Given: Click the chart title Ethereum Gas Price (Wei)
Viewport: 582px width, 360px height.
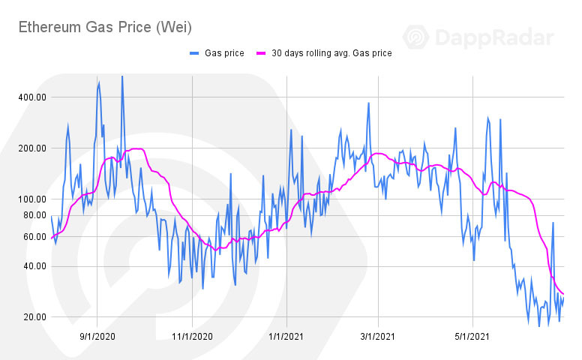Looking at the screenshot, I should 105,28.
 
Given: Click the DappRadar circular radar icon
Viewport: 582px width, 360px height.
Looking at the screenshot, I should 417,38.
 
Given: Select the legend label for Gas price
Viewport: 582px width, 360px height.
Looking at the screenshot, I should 224,53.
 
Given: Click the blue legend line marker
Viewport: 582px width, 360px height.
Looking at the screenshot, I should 195,53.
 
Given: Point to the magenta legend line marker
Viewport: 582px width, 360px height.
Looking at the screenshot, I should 262,53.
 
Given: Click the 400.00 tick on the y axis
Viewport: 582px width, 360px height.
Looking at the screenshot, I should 31,97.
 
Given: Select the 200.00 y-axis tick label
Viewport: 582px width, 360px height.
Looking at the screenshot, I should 31,148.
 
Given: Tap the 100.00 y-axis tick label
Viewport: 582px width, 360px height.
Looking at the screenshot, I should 31,199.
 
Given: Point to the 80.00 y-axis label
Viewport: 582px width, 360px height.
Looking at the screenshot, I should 34,215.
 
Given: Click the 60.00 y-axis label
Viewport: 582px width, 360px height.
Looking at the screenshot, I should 34,237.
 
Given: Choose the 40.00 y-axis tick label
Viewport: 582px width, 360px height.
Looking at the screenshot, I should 34,266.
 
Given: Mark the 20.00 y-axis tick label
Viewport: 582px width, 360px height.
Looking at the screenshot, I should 34,317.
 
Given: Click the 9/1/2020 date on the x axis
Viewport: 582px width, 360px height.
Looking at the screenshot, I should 98,337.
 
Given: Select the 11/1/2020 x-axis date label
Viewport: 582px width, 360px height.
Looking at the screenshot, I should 193,337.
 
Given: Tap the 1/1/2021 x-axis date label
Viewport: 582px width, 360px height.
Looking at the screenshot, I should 286,337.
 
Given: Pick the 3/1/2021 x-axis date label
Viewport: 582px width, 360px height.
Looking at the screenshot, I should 379,337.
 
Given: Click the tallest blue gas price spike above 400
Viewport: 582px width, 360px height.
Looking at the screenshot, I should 122,77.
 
